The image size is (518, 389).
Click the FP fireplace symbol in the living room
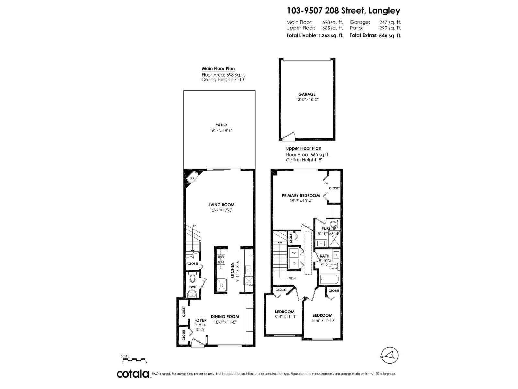[x=192, y=178]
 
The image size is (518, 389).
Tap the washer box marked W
[x=294, y=253]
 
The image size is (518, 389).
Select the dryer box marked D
[x=294, y=264]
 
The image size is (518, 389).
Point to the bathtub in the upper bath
[x=329, y=279]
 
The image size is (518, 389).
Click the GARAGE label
[x=307, y=94]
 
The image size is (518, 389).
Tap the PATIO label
[x=221, y=125]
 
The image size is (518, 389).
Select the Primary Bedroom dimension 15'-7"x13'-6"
[x=301, y=201]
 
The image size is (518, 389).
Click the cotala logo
[x=133, y=374]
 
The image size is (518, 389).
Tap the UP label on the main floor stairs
[x=194, y=226]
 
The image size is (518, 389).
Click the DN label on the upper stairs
[x=293, y=278]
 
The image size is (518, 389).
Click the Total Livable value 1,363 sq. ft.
[x=331, y=36]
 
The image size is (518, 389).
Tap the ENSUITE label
[x=329, y=229]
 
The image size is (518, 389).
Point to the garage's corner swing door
[x=288, y=136]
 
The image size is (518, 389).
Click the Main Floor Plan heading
[x=218, y=69]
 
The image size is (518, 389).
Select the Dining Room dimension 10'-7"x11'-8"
[x=225, y=322]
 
